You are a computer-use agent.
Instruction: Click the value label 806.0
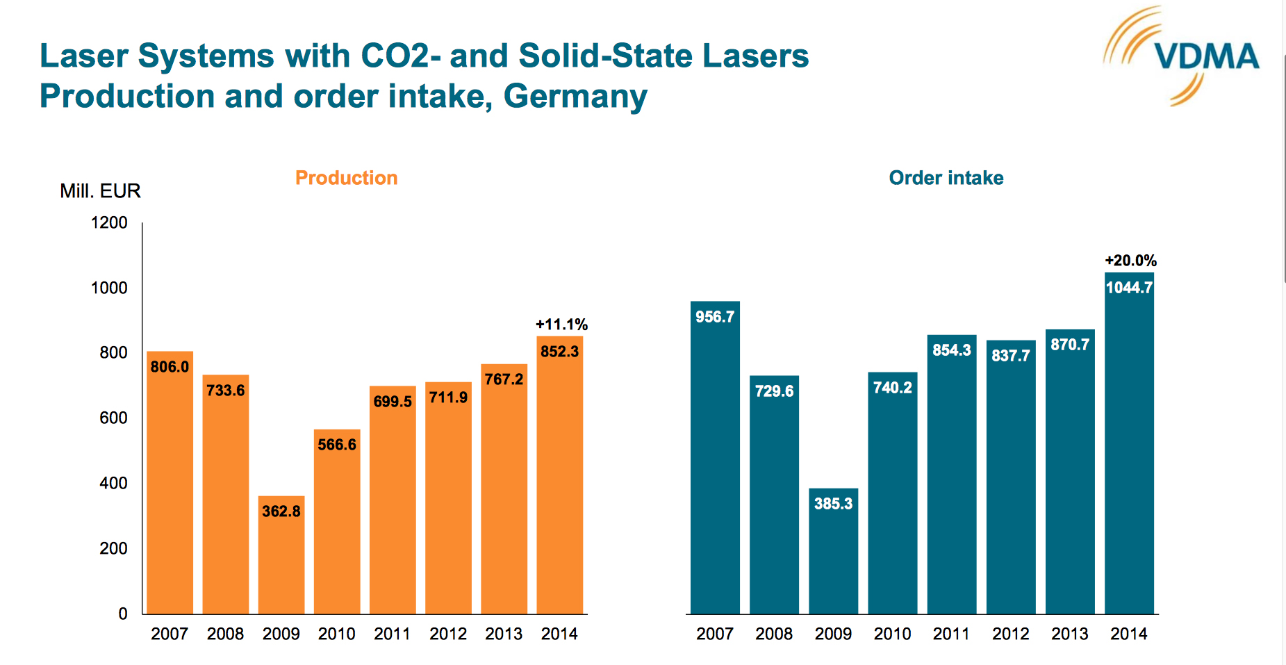point(170,367)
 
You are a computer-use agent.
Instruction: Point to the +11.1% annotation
point(561,325)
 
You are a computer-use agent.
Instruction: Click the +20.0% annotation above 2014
point(1130,261)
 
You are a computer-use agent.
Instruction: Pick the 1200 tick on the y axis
point(109,223)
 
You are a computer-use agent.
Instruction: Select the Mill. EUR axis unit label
point(100,191)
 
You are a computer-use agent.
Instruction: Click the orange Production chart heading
point(346,178)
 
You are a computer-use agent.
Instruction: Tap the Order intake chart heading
point(946,178)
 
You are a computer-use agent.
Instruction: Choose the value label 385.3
point(833,504)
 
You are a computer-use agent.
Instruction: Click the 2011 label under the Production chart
point(392,634)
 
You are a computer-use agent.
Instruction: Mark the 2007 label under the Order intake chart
point(715,634)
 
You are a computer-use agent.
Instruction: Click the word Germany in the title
point(575,96)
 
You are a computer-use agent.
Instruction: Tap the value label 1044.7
point(1129,288)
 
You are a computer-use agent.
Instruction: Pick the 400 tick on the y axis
point(113,483)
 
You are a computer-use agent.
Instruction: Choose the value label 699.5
point(393,402)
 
